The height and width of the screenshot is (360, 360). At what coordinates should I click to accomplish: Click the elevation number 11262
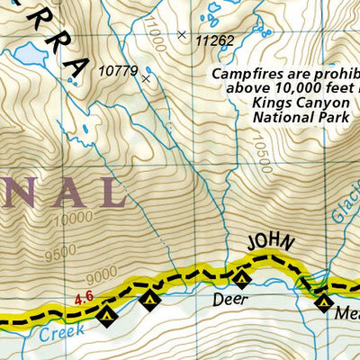214,40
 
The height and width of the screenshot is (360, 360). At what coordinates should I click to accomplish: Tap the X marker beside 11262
183,35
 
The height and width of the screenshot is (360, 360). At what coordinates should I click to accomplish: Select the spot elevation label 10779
117,68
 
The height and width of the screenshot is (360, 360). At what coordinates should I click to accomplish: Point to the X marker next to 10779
146,79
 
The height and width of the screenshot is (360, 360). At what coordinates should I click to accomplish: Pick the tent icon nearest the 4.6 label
107,315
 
